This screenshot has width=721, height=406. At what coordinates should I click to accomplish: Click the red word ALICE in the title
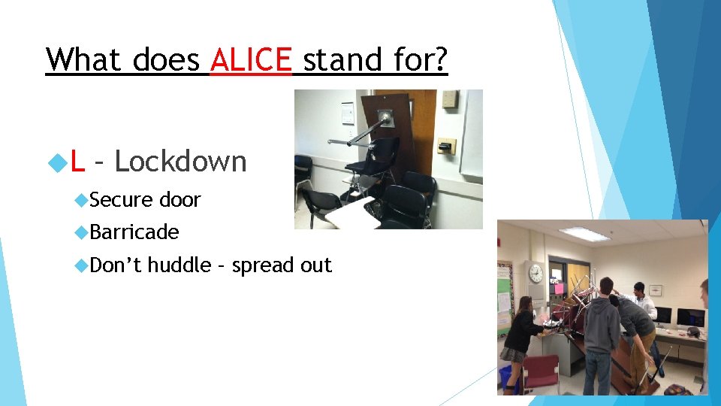pos(250,59)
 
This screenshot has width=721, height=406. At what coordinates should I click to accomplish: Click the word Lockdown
pos(180,161)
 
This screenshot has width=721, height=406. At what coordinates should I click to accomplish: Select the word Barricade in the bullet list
pos(134,232)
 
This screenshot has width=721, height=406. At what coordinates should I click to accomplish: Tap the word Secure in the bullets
pos(122,200)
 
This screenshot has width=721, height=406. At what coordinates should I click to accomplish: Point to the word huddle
pos(179,265)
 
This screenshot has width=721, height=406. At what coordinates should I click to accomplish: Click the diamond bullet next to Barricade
pos(82,233)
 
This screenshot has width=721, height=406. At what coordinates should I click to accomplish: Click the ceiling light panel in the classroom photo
pos(584,233)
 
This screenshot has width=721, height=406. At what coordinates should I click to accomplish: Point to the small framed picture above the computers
pos(656,289)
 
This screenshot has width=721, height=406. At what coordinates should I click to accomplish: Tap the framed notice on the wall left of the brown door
pos(347,113)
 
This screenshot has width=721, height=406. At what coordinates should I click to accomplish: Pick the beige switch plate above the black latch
pos(449,100)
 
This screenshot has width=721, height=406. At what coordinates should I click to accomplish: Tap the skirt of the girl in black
pos(513,353)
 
